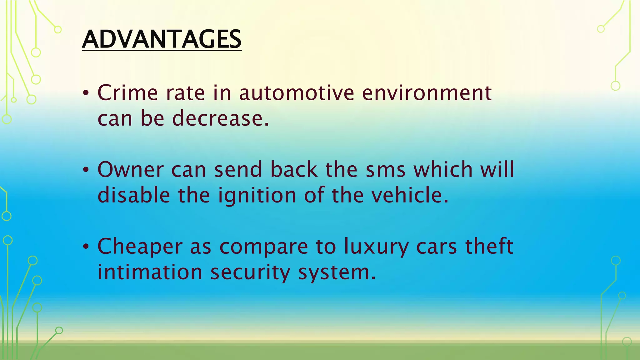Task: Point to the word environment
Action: pyautogui.click(x=427, y=93)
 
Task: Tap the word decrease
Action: pyautogui.click(x=220, y=118)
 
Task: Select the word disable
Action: pyautogui.click(x=134, y=195)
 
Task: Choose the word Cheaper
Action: pyautogui.click(x=140, y=247)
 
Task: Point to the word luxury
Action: pyautogui.click(x=376, y=247)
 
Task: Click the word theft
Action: pyautogui.click(x=489, y=246)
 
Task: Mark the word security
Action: pyautogui.click(x=250, y=272)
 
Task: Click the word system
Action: pyautogui.click(x=337, y=272)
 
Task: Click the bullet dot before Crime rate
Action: pyautogui.click(x=86, y=93)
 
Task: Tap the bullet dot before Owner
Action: pyautogui.click(x=86, y=170)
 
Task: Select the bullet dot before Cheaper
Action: pyautogui.click(x=86, y=247)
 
